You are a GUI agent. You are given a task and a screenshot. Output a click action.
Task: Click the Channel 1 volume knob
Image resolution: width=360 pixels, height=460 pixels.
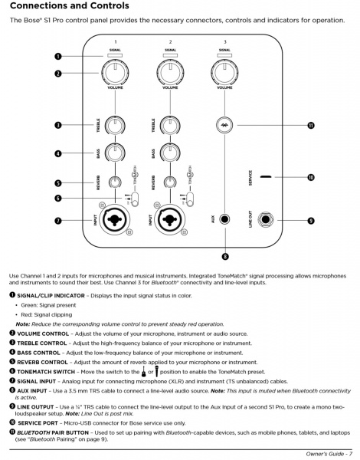tap(115, 74)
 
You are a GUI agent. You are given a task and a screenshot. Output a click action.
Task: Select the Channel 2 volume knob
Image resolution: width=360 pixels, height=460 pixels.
tap(169, 74)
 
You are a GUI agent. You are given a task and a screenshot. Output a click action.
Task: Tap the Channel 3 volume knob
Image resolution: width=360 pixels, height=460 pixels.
tap(224, 74)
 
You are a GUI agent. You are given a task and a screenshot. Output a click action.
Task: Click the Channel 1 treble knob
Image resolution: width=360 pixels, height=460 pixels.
tap(115, 124)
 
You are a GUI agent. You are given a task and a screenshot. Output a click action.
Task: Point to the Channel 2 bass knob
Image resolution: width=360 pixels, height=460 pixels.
tap(169, 153)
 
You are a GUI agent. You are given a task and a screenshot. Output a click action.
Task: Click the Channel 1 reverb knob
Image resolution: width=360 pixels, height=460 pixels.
tap(115, 182)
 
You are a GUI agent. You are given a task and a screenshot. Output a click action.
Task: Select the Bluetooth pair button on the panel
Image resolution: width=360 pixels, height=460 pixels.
tap(224, 124)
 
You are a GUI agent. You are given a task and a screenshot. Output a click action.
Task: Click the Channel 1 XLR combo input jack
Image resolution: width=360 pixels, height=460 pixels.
tap(115, 220)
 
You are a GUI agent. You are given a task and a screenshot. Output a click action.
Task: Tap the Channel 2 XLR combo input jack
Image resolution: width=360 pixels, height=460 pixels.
tap(169, 220)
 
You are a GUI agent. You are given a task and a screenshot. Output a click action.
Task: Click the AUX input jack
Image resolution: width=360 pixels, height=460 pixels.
tap(224, 220)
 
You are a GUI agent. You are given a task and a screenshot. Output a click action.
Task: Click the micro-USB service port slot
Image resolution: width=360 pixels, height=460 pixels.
tap(264, 176)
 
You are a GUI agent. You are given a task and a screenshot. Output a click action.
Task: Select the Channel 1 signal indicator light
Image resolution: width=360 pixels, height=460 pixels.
tap(115, 56)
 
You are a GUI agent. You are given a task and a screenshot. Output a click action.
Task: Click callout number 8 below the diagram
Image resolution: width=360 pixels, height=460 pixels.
tap(224, 256)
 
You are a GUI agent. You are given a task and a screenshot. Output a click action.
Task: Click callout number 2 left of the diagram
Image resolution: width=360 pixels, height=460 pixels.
tap(57, 74)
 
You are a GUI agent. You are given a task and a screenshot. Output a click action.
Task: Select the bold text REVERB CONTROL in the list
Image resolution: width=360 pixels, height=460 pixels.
tap(43, 361)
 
